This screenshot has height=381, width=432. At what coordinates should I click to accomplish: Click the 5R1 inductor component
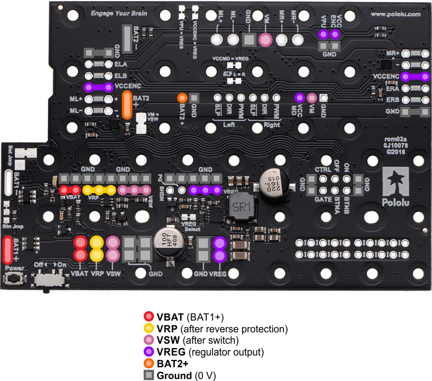[239, 206]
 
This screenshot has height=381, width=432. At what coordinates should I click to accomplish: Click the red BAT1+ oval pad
[8, 250]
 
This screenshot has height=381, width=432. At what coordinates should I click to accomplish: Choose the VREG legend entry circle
[149, 351]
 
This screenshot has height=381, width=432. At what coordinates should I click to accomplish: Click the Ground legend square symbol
[149, 376]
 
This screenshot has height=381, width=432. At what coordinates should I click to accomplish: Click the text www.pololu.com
[395, 15]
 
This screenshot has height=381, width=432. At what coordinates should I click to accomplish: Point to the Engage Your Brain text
[119, 13]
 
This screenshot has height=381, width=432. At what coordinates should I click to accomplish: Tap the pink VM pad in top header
[266, 39]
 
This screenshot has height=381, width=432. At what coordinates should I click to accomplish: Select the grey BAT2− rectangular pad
[127, 38]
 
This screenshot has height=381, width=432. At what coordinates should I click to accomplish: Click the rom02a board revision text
[397, 140]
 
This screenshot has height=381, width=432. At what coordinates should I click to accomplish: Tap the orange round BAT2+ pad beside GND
[182, 98]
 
